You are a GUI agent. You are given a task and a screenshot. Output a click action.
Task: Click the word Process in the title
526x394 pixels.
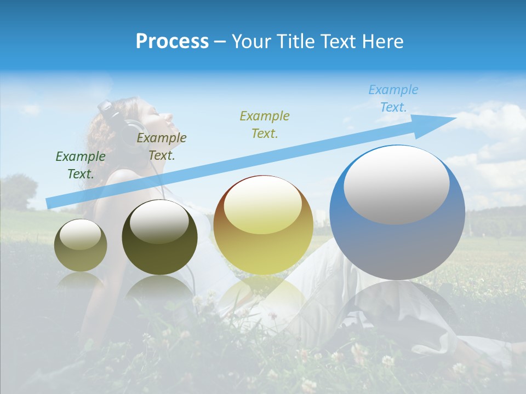coord(172,42)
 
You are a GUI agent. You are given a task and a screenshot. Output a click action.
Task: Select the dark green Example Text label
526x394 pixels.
coord(80,165)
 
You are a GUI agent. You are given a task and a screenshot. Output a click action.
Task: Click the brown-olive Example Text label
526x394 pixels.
coord(161,147)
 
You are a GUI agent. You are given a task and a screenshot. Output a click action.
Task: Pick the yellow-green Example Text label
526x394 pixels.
coord(265,124)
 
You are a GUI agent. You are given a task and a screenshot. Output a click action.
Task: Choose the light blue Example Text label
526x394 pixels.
coord(393,99)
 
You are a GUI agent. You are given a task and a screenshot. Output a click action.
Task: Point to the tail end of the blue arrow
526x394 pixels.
coord(49,203)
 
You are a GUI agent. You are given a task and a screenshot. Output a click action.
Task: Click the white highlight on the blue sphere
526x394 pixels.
coord(396,184)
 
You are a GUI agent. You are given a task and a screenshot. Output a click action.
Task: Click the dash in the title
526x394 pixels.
coord(220,42)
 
